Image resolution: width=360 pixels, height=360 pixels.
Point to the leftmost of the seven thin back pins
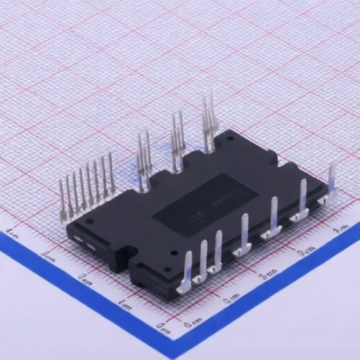click(64, 200)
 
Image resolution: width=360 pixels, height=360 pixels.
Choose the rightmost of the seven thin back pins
click(111, 175)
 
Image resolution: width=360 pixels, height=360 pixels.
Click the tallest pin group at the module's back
click(210, 123)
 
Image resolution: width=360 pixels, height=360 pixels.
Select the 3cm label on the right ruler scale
click(305, 251)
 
